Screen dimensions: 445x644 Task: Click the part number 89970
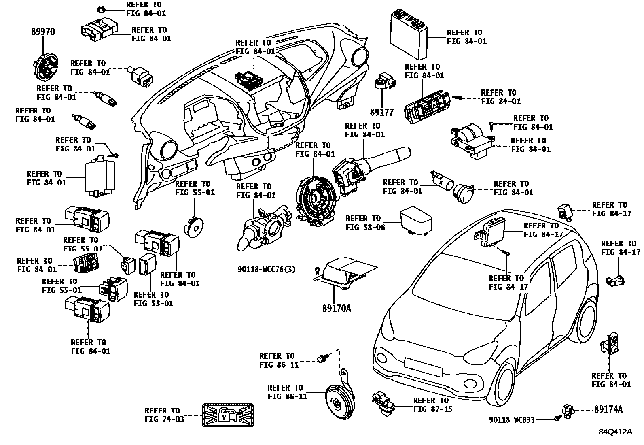tap(43, 32)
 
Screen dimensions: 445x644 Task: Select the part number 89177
tap(381, 112)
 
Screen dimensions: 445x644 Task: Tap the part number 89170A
tap(337, 309)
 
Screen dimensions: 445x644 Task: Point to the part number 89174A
tap(608, 409)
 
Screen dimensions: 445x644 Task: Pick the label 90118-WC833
tap(511, 420)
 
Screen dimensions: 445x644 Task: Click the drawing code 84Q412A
tap(615, 432)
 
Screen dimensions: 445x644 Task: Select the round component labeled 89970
tap(45, 66)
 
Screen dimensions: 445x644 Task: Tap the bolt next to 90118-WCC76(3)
tap(318, 269)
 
